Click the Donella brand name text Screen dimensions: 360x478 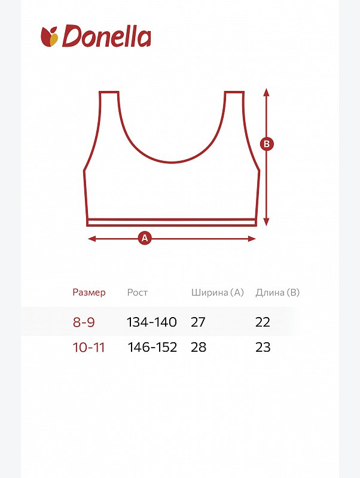tap(106, 36)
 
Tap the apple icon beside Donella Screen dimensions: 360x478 tap(50, 36)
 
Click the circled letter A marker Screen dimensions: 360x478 tap(145, 238)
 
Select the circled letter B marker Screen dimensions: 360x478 tap(267, 144)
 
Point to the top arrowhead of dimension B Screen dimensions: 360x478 tap(267, 92)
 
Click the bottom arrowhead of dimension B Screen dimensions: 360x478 tap(267, 223)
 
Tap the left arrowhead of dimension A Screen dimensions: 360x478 tap(91, 238)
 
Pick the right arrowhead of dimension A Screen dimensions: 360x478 tap(252, 238)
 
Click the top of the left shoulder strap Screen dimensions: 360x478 tap(109, 92)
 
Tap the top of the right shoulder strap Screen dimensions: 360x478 tap(234, 92)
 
